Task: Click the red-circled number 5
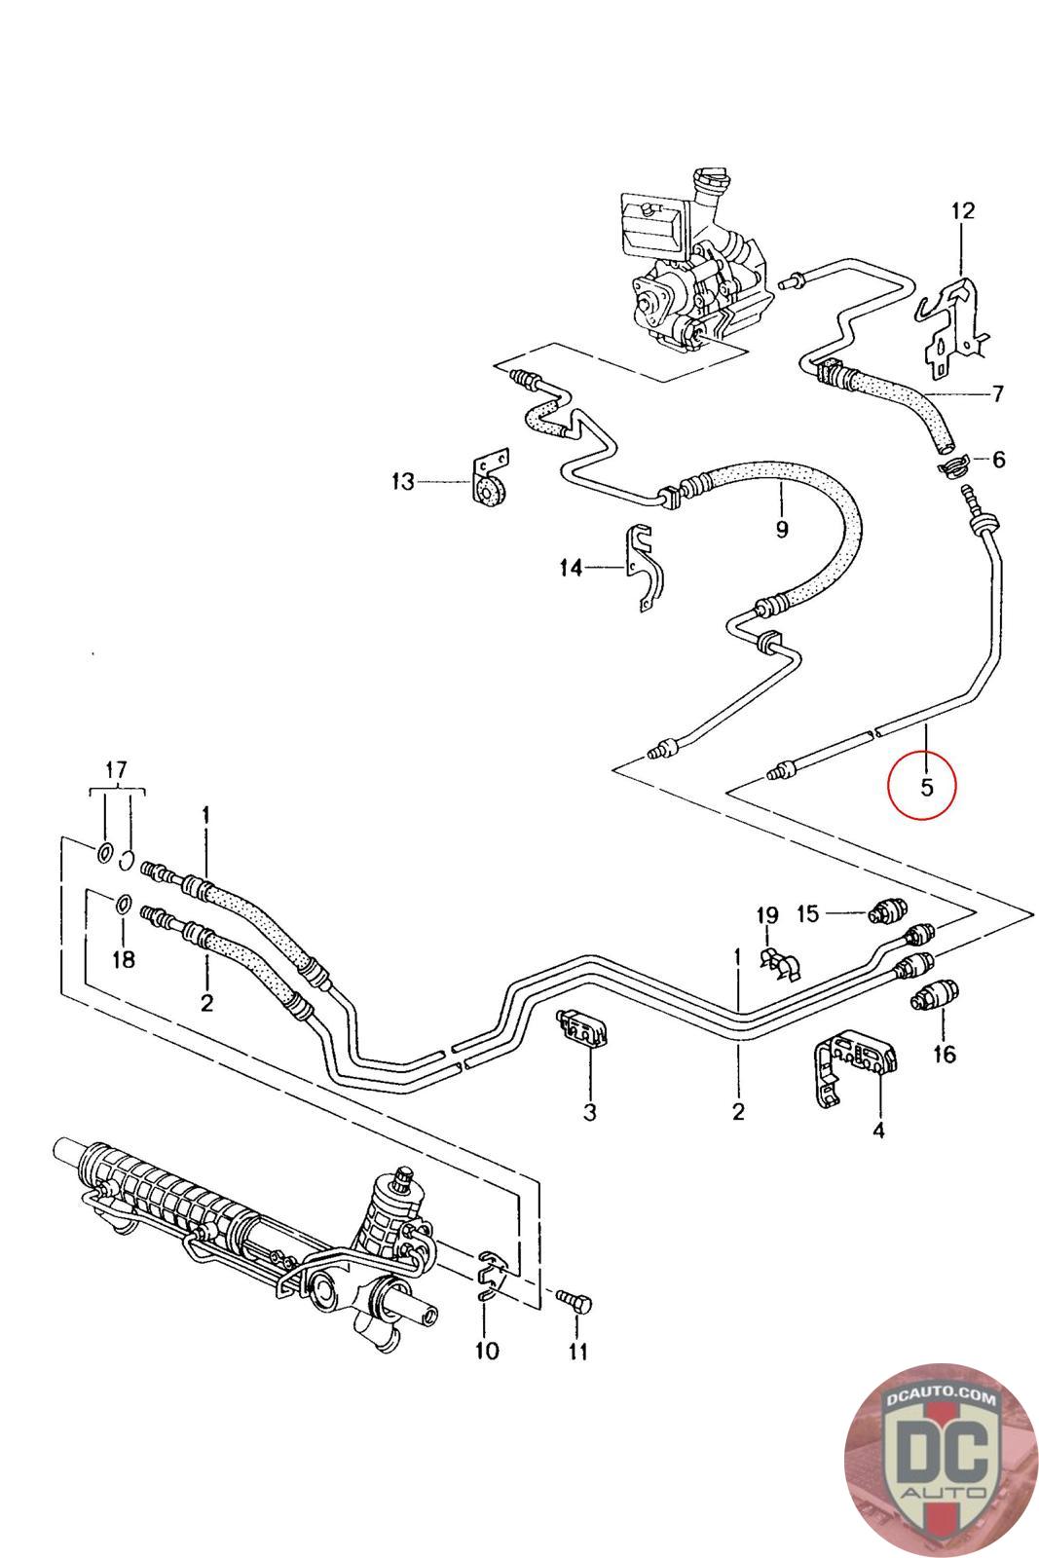pyautogui.click(x=926, y=788)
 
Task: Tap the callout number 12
pyautogui.click(x=962, y=210)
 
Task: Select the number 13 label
pyautogui.click(x=403, y=481)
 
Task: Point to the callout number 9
pyautogui.click(x=782, y=530)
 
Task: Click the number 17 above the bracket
pyautogui.click(x=116, y=770)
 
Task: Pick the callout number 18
pyautogui.click(x=123, y=960)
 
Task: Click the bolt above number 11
pyautogui.click(x=574, y=1301)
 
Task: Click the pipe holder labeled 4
pyautogui.click(x=854, y=1066)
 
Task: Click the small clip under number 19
pyautogui.click(x=780, y=963)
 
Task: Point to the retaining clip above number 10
pyautogui.click(x=493, y=1271)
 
